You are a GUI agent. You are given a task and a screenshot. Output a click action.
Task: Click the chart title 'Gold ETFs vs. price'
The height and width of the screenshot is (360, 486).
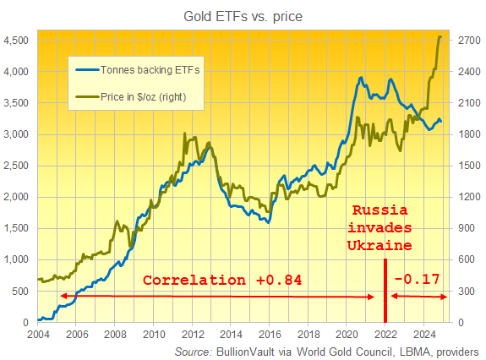coord(243,16)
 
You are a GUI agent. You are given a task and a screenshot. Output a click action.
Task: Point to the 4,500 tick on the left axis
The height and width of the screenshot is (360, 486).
coord(17,40)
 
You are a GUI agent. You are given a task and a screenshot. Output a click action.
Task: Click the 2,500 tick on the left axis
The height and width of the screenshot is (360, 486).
coord(17,166)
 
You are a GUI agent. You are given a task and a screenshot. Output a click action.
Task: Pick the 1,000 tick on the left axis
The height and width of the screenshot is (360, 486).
coord(17,259)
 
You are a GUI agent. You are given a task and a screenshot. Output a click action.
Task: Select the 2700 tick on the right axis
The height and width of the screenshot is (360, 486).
coord(469,40)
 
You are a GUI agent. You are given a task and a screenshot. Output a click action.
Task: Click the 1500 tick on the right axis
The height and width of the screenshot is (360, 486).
coord(469,166)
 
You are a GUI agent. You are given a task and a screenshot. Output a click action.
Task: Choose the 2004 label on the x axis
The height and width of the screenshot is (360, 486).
coord(36,334)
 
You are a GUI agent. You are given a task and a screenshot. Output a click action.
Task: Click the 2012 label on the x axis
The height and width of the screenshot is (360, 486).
coord(192,334)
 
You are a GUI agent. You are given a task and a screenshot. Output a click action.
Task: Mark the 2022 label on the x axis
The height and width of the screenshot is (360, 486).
coord(385,334)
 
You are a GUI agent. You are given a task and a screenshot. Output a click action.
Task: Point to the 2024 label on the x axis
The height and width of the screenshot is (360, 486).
coord(424,334)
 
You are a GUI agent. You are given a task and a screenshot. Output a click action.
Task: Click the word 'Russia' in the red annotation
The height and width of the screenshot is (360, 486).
coord(380,210)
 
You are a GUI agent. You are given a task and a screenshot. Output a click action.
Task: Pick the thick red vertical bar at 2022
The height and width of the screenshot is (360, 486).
coord(385,292)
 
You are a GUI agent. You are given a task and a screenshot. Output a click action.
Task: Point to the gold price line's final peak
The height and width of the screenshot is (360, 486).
coord(440,37)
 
